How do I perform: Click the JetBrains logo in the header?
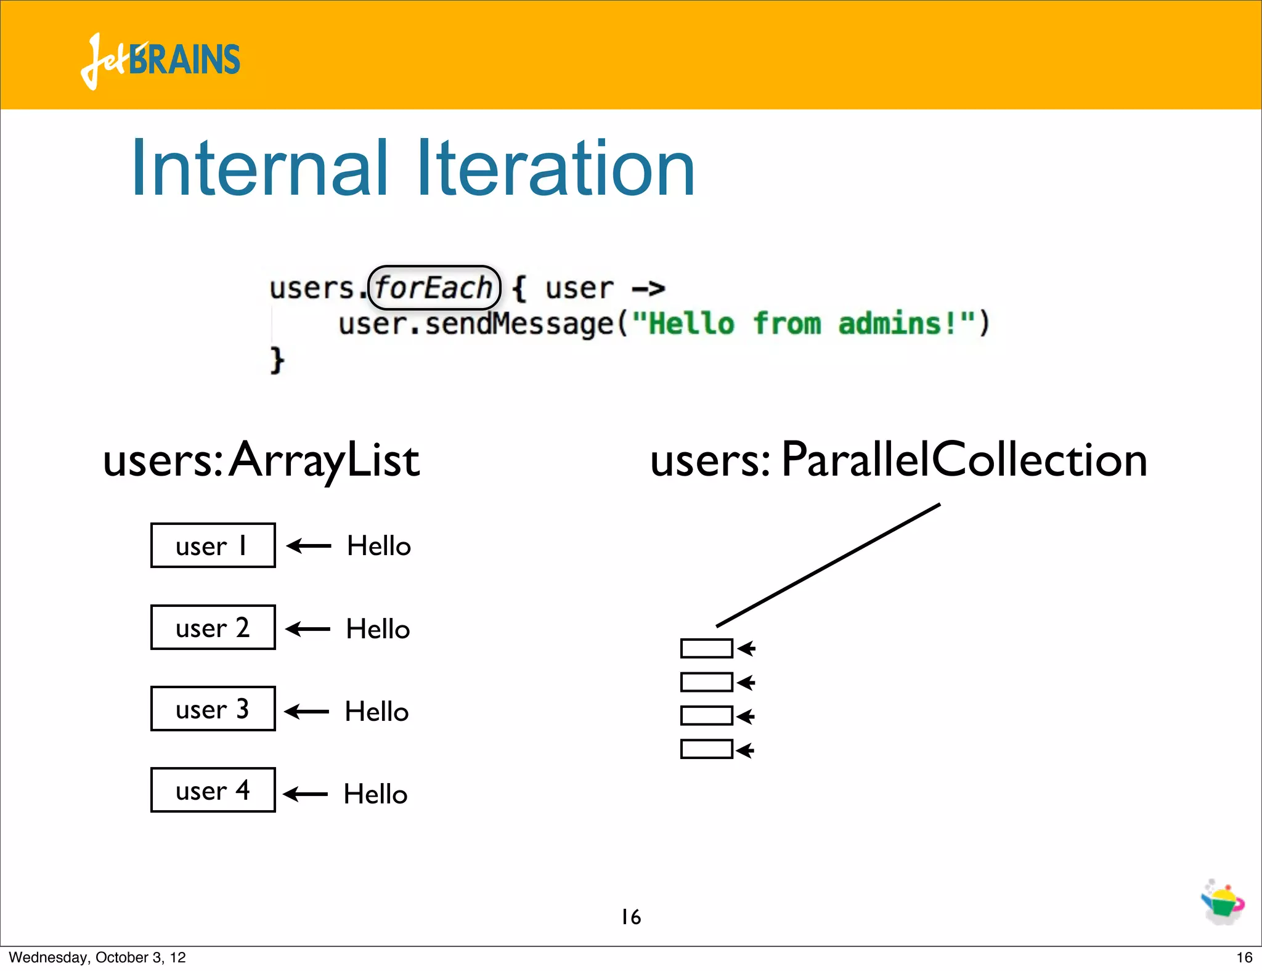pos(160,60)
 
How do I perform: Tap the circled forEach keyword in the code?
pos(434,288)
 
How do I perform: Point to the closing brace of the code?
pos(277,359)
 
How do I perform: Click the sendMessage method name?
pos(519,324)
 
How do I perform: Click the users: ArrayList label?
pos(261,460)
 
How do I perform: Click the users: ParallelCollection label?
pos(898,460)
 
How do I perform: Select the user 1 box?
pos(213,545)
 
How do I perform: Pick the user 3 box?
pos(213,709)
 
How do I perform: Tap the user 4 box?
pos(213,790)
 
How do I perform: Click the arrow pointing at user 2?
pos(308,629)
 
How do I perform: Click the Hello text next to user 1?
pos(378,546)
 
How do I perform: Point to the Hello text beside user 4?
pos(375,794)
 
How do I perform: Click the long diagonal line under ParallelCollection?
pos(828,565)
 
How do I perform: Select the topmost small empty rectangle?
pos(706,648)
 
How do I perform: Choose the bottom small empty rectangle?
pos(706,749)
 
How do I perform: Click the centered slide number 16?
pos(631,917)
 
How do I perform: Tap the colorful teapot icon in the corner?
pos(1223,902)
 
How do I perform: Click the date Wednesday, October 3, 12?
pos(97,957)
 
